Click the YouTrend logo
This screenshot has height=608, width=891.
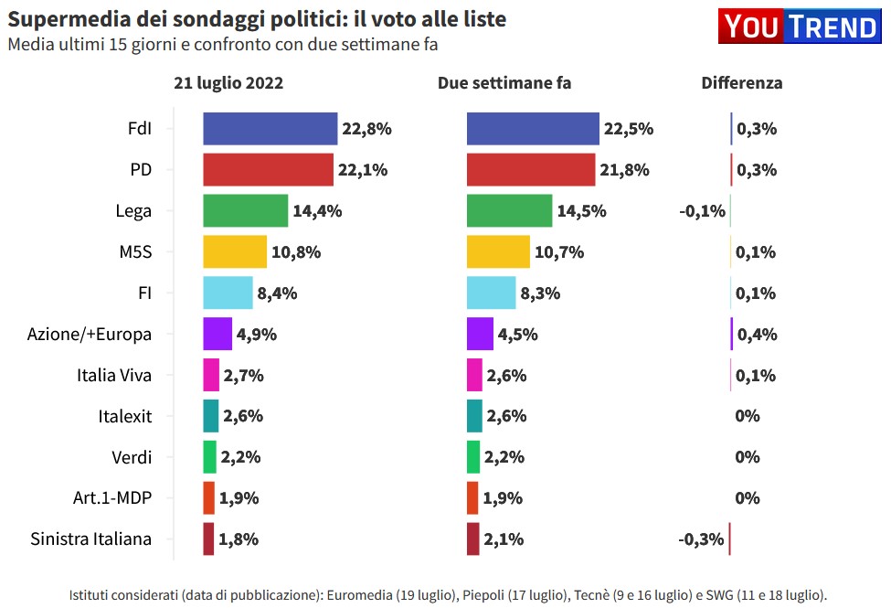800,27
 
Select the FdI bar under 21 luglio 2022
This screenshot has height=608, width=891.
270,129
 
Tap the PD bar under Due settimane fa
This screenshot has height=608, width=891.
531,170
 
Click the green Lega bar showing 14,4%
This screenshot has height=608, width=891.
245,211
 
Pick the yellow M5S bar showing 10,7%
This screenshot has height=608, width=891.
498,252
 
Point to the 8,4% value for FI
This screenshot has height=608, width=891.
278,293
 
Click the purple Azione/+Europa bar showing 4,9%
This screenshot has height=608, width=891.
217,334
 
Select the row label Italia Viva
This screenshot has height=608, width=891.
114,375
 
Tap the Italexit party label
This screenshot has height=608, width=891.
124,416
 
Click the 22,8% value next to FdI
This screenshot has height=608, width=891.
366,129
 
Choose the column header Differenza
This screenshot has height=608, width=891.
741,82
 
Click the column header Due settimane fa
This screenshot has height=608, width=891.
504,82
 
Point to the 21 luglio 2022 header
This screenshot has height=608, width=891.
228,82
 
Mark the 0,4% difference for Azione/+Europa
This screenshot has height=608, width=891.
757,334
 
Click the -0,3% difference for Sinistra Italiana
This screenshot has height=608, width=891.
701,539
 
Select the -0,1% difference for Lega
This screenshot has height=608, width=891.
702,211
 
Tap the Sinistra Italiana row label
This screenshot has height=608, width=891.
90,539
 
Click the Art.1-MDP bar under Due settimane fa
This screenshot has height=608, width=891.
472,498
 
